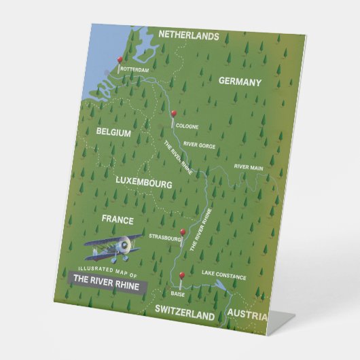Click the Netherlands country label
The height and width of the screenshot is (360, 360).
tap(189, 35)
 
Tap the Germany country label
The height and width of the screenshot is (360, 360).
tap(240, 82)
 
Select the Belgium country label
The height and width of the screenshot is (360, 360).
tap(113, 133)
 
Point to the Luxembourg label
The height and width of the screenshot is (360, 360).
tap(143, 183)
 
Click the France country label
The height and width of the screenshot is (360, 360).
tap(118, 219)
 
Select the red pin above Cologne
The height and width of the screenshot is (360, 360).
tap(174, 113)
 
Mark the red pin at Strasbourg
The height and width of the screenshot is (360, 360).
tap(183, 232)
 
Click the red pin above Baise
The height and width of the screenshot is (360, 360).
tap(182, 275)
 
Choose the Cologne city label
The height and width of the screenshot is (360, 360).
tap(187, 126)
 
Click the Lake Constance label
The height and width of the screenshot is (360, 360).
tap(223, 277)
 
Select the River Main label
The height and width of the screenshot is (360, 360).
tap(249, 166)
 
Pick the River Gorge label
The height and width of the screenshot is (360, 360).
tap(199, 145)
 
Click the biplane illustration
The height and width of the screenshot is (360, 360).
tap(114, 248)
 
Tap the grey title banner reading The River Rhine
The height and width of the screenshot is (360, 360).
tap(106, 286)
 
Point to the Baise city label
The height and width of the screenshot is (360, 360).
tap(177, 295)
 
